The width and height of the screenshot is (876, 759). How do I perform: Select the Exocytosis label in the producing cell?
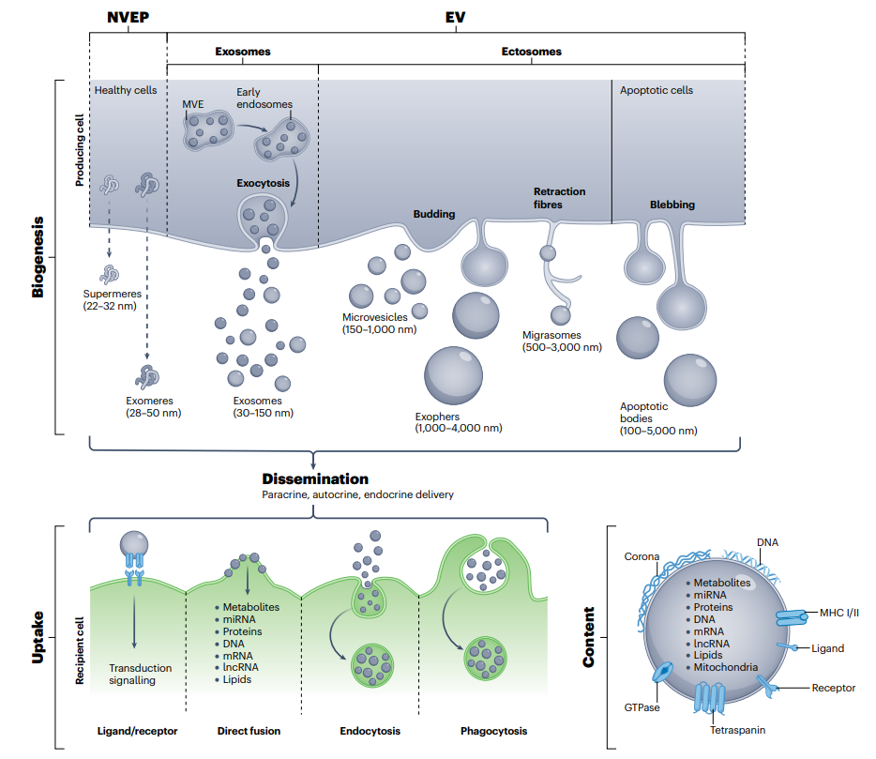click(263, 183)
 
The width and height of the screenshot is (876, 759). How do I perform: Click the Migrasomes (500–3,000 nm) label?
click(562, 341)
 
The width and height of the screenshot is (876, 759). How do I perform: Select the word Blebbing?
click(672, 205)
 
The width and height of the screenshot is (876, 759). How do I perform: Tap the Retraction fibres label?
click(559, 197)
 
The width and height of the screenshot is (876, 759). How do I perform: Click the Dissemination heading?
click(315, 479)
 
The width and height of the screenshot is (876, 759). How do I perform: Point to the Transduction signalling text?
click(140, 675)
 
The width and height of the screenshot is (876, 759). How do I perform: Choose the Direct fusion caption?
click(249, 731)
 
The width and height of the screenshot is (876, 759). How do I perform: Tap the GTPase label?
click(643, 707)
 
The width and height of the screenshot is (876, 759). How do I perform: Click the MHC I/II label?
click(838, 612)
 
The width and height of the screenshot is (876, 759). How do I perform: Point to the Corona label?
click(642, 556)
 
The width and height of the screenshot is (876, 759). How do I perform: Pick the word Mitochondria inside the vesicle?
click(725, 667)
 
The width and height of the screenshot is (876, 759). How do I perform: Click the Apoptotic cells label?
click(657, 91)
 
